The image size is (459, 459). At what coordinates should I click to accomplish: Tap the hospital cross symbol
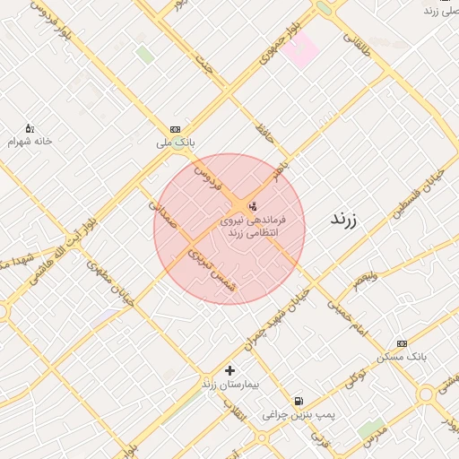230,369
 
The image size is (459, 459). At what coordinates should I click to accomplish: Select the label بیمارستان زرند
230,384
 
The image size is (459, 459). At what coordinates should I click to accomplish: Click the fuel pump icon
298,401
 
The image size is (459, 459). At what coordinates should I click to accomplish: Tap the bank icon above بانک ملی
175,129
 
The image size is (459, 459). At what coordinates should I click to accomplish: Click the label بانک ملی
175,143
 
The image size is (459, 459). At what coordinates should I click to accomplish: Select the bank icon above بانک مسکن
402,342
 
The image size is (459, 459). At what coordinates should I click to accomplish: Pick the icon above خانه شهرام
30,128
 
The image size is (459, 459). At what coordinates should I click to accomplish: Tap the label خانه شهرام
30,142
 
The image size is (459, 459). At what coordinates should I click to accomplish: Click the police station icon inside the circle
250,206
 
